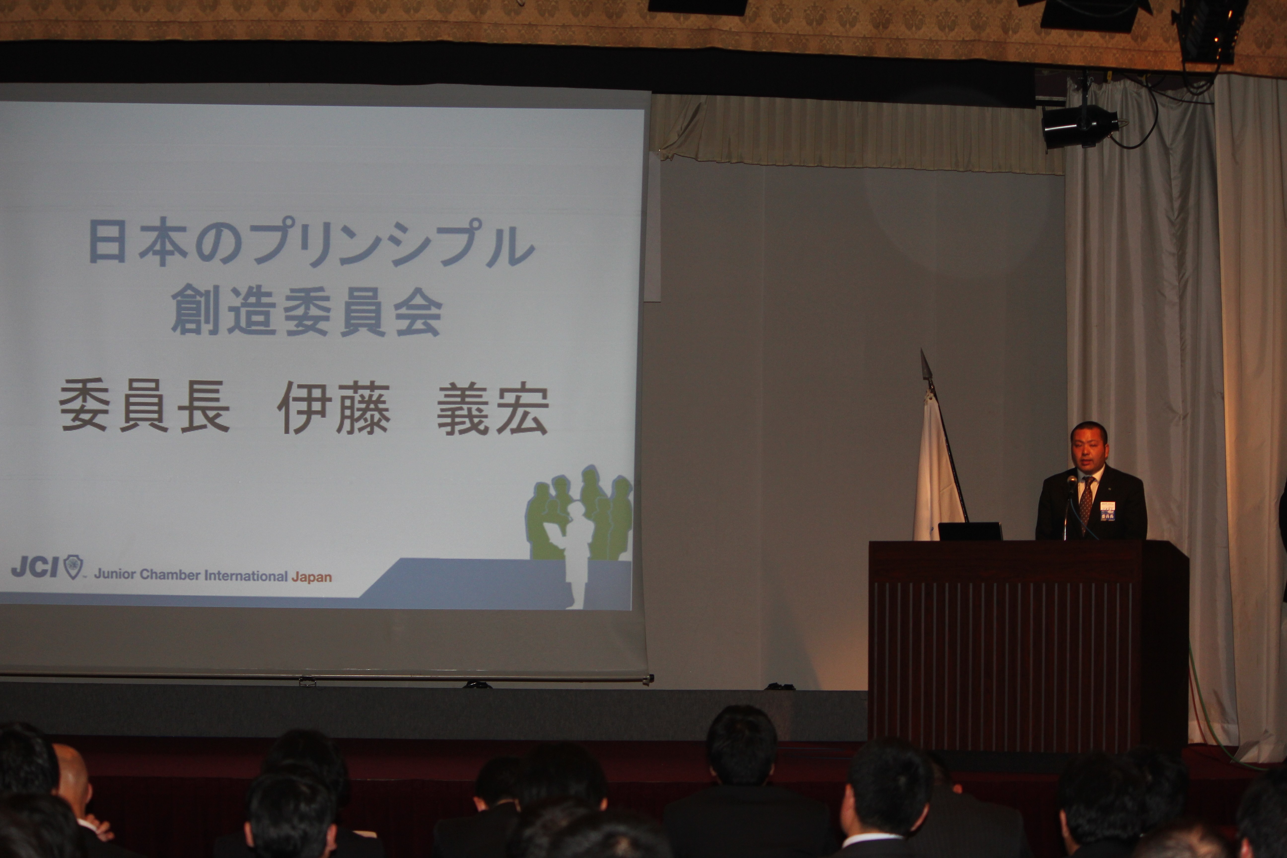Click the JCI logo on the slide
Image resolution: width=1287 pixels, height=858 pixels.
pyautogui.click(x=47, y=568)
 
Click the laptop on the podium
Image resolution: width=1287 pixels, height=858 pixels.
pyautogui.click(x=970, y=531)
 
